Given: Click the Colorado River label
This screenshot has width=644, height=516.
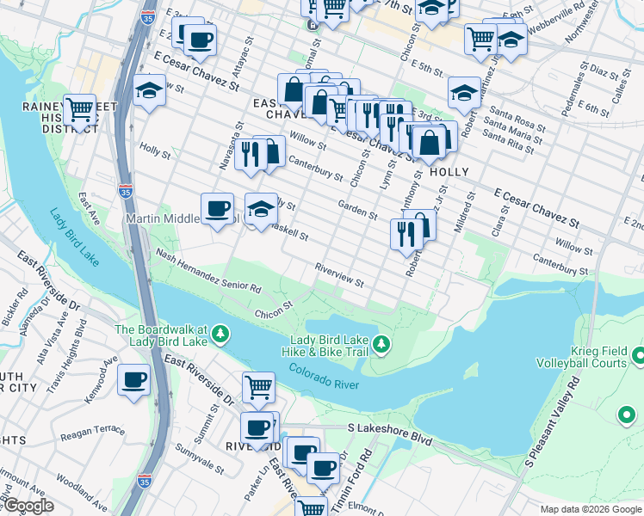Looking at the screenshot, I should coord(324,378).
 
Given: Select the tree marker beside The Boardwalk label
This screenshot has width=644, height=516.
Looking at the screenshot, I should coord(221,333).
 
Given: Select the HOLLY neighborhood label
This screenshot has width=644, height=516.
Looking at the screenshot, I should coord(449,172).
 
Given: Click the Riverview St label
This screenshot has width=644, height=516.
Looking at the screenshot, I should coord(339,275).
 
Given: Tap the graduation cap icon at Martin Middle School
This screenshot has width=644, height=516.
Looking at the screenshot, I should coord(261,208).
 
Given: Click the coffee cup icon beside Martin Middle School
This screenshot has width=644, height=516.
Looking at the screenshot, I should coord(217,207).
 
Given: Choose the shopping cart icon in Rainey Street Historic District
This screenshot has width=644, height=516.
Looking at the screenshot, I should coord(79,109).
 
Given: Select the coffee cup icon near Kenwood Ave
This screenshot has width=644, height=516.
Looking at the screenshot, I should coord(133,379).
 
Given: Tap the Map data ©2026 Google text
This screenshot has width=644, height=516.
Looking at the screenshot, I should coord(591,509).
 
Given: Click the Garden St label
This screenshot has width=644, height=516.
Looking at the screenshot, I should coord(357,208).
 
